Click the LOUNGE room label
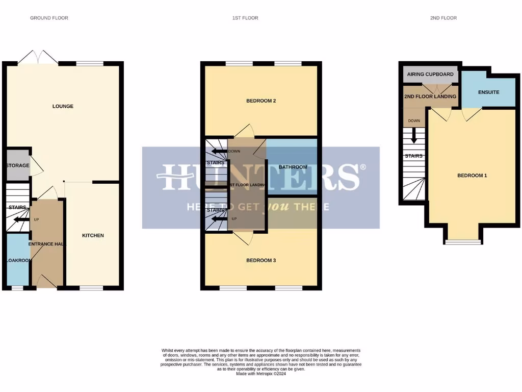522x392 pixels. (x=63, y=106)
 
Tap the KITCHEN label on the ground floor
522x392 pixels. (x=93, y=235)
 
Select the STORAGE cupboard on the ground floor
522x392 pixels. (x=18, y=165)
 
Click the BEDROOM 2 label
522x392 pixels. (x=261, y=101)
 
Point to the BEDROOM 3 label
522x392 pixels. (x=261, y=260)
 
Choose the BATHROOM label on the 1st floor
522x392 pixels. (x=293, y=167)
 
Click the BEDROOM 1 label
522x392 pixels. (x=472, y=176)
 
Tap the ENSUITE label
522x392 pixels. (x=488, y=92)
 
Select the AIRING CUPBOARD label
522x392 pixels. (x=430, y=75)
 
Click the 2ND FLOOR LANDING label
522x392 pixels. (x=430, y=96)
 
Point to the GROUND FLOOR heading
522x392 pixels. (x=49, y=18)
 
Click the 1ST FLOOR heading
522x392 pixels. (x=245, y=18)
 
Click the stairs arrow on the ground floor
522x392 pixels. (x=21, y=219)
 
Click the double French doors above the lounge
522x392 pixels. (x=38, y=58)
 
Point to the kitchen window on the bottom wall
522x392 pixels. (x=91, y=288)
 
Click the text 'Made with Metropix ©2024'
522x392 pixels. (x=261, y=374)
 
